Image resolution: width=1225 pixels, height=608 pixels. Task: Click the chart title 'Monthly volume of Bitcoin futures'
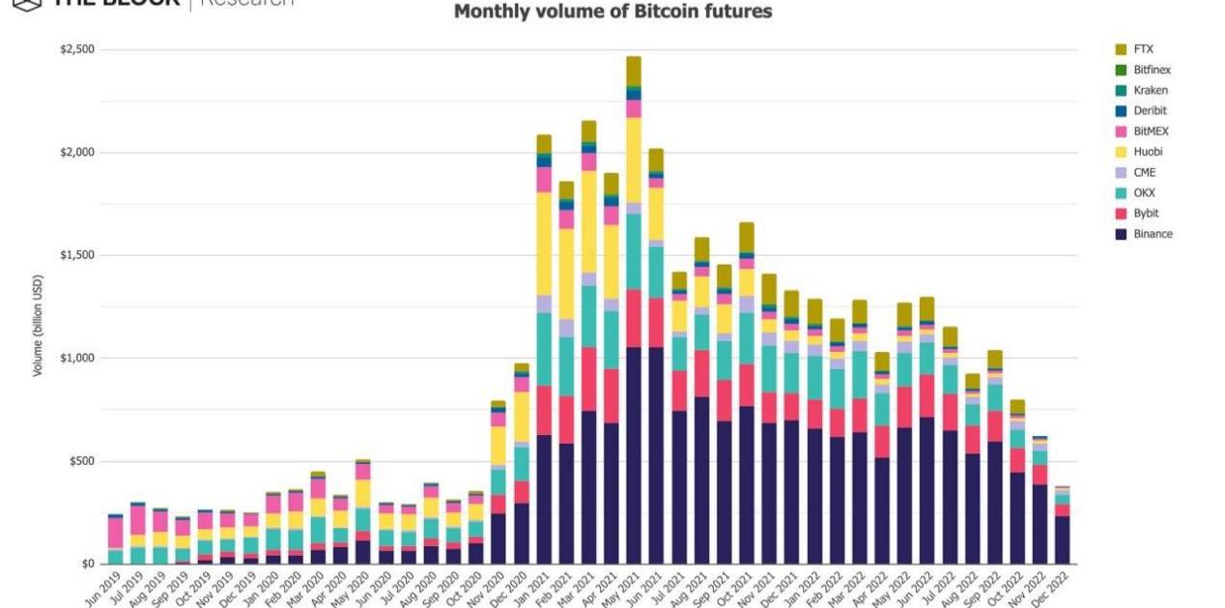[612, 12]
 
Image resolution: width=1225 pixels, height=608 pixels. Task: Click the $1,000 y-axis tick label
[79, 359]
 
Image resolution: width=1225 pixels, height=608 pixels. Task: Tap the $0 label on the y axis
[88, 565]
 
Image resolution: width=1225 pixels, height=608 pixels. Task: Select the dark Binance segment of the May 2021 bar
[634, 455]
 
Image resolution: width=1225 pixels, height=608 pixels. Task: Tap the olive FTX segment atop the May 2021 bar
[634, 71]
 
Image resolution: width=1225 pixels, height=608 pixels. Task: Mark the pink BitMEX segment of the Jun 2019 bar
[116, 533]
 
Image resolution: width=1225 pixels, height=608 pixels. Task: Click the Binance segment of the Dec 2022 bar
[1062, 539]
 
